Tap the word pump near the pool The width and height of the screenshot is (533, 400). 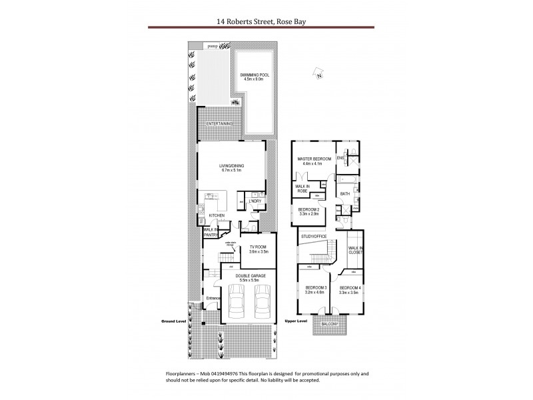[213, 46]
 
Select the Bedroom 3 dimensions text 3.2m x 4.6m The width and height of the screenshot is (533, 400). [312, 293]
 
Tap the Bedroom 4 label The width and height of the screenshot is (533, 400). [350, 288]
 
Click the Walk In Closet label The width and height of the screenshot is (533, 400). [354, 251]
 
